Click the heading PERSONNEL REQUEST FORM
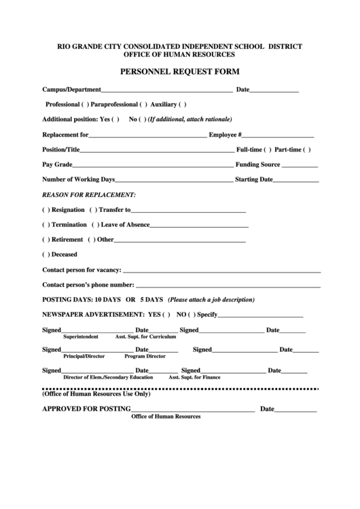tap(179, 71)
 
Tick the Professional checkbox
tap(85, 104)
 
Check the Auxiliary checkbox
tap(182, 104)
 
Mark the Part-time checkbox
tap(307, 150)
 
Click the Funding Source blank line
tap(300, 165)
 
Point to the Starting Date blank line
tap(296, 181)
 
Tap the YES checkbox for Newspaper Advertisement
tap(166, 315)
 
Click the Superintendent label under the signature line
tap(81, 336)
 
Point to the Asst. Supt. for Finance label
tap(194, 376)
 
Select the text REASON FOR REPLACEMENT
tap(89, 195)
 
